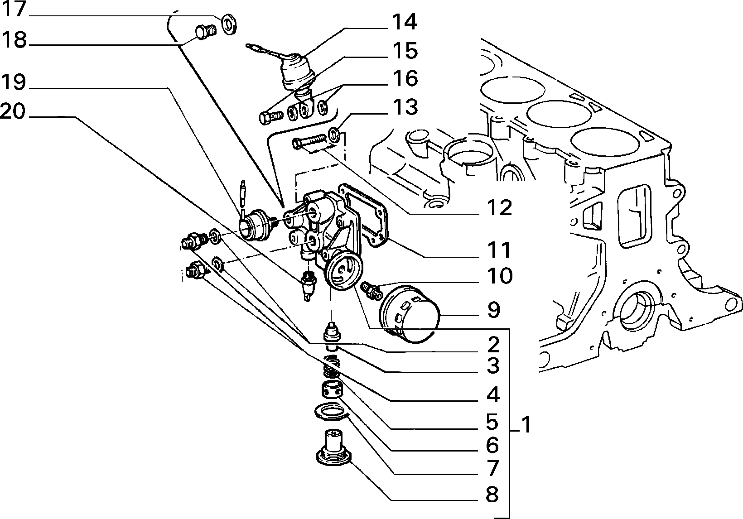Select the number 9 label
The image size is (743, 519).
click(x=493, y=310)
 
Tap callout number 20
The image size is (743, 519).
click(x=13, y=111)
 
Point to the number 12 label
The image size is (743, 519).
click(x=500, y=208)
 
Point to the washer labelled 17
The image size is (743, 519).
click(x=228, y=24)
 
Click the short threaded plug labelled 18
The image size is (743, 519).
click(x=205, y=33)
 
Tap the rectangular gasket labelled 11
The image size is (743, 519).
click(x=363, y=216)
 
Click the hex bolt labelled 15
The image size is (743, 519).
click(x=270, y=117)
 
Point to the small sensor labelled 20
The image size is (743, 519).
click(x=308, y=285)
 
